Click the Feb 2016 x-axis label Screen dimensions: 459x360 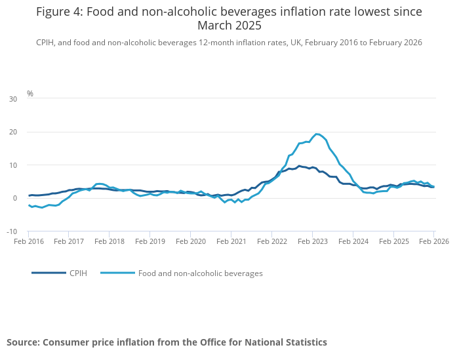point(29,241)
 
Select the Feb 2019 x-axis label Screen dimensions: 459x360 point(150,241)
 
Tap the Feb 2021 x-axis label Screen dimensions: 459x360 point(231,241)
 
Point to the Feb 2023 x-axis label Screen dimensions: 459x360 point(313,241)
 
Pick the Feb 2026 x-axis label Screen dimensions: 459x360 point(434,241)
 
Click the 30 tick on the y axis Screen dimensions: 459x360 point(13,99)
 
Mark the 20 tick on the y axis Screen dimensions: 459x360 point(13,132)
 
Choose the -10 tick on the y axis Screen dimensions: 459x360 point(12,231)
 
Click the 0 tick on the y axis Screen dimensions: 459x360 point(15,198)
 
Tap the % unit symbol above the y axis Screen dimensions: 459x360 point(30,93)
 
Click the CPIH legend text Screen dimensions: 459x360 point(78,273)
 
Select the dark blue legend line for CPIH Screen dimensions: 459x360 point(49,273)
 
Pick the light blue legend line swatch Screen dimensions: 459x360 point(117,273)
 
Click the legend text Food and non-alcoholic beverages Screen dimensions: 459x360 point(201,273)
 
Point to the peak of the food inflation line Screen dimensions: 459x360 point(316,134)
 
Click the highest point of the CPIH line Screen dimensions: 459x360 point(299,166)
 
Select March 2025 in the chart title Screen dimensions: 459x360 point(229,26)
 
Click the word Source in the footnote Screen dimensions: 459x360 point(24,342)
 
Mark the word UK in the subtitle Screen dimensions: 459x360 point(296,43)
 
